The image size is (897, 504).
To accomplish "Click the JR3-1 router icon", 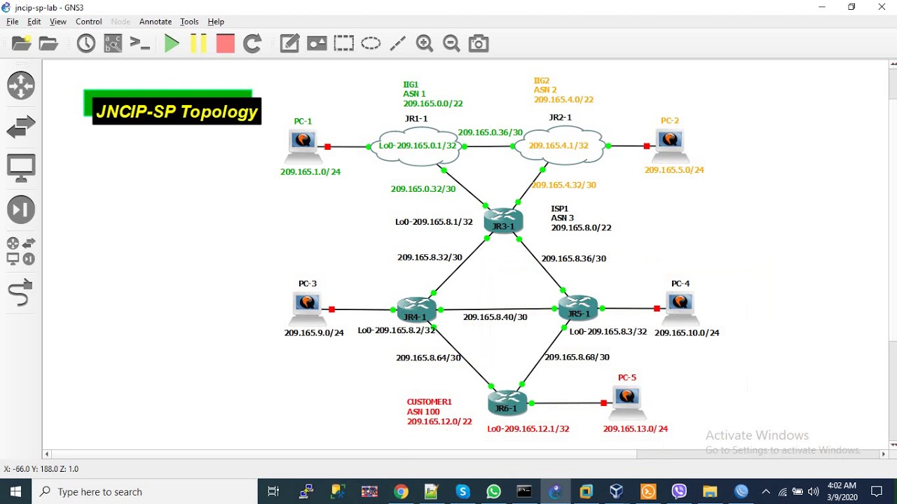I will (x=503, y=220).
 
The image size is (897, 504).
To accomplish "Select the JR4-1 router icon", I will (x=416, y=309).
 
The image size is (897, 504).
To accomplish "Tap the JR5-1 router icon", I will (x=578, y=307).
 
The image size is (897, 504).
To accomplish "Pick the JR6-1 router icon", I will (x=507, y=402).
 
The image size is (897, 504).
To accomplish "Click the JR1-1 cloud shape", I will (x=417, y=146).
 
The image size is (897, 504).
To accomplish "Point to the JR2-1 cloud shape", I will (x=560, y=146).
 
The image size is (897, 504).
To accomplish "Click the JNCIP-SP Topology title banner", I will (x=177, y=111).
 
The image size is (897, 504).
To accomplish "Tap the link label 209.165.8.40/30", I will (x=495, y=317).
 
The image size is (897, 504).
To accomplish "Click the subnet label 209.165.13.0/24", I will (x=635, y=428).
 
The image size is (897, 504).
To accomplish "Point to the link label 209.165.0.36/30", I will (x=490, y=132).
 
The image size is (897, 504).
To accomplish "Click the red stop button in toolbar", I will (x=225, y=44).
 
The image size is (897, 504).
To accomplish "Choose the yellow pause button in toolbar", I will (x=198, y=44).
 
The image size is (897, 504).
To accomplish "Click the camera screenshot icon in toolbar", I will (x=479, y=44).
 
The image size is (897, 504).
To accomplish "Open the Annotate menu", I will (x=155, y=22).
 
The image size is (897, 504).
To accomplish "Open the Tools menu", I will (x=189, y=22).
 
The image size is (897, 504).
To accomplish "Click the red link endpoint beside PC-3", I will (x=331, y=309).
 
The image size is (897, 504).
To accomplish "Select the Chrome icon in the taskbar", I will (x=401, y=491).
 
